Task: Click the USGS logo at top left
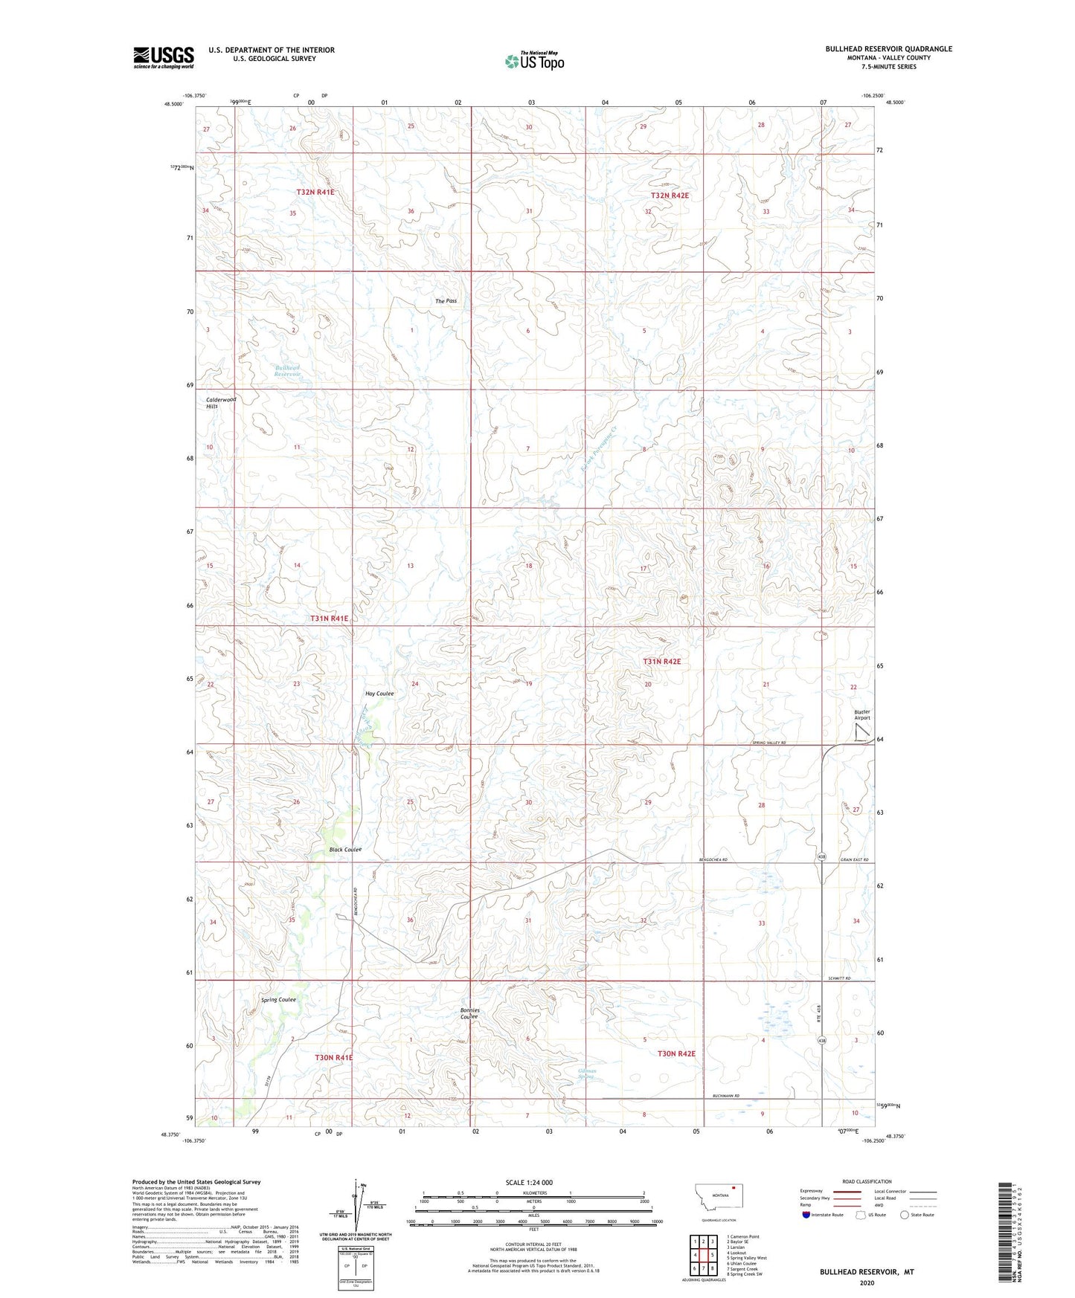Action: (164, 56)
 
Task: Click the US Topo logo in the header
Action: (534, 61)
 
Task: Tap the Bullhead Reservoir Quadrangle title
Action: (888, 49)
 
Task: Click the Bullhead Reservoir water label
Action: (287, 371)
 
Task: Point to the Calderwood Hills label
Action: (221, 403)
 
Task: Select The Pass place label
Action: (446, 301)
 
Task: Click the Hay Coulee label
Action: (379, 694)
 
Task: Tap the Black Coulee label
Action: (345, 850)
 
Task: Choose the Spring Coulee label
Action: (278, 1000)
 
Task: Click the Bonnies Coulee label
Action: (469, 1013)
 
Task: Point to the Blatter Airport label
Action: (861, 714)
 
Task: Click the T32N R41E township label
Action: (315, 192)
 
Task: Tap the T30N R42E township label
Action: (676, 1053)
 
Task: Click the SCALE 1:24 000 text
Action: (528, 1182)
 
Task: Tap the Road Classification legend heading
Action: (867, 1181)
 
